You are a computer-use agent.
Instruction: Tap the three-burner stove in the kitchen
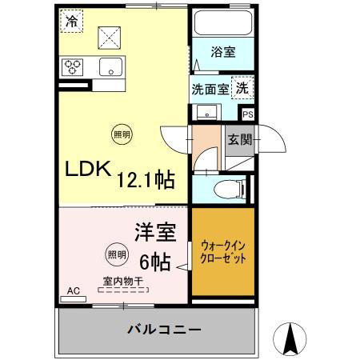tap(74, 67)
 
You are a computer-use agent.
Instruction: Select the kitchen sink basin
tap(110, 67)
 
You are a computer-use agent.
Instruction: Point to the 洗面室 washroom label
tap(210, 89)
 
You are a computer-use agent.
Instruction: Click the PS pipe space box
tap(247, 115)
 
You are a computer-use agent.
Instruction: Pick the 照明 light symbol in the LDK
tap(120, 134)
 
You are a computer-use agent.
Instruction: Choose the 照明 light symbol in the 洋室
tap(116, 255)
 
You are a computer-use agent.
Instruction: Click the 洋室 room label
tap(154, 233)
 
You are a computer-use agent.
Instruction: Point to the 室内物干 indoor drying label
tap(122, 281)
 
